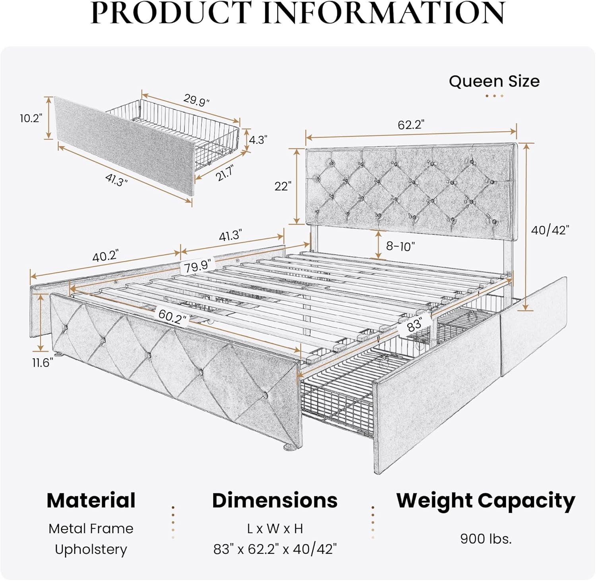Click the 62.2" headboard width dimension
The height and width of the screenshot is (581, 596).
tap(411, 125)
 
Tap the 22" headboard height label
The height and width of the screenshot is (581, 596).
tap(283, 186)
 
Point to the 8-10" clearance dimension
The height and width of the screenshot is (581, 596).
tap(400, 246)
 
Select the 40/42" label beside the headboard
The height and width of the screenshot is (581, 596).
tap(550, 230)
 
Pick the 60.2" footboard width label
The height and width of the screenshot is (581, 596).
tap(172, 317)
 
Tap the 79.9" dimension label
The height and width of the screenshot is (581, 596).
tap(197, 266)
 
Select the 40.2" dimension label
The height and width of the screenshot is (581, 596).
tap(105, 256)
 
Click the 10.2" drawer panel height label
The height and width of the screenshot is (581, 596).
tap(31, 118)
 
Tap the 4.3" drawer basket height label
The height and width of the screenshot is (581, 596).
tap(258, 139)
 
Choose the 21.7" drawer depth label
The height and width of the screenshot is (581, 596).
tap(224, 173)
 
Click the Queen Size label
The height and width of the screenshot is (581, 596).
tap(494, 81)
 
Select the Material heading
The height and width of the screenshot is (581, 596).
tap(91, 500)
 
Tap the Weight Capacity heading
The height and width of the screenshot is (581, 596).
tap(486, 501)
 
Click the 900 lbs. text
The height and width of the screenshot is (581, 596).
tap(486, 538)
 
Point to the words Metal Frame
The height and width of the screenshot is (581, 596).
tap(91, 529)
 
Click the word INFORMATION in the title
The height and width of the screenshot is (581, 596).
tap(384, 13)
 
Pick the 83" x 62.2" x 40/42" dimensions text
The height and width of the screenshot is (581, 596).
tap(275, 549)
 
